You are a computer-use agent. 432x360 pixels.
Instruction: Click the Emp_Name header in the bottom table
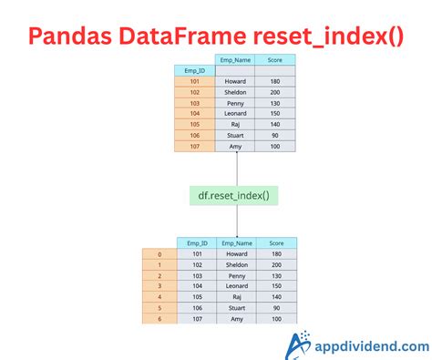[235, 243]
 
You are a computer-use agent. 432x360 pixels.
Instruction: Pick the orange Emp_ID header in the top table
[194, 70]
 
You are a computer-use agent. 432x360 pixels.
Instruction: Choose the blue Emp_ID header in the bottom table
[196, 243]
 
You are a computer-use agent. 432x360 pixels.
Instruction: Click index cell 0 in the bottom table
[160, 255]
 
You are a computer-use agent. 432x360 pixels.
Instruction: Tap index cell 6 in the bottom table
[160, 318]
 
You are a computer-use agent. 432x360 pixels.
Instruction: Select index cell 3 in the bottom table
[160, 286]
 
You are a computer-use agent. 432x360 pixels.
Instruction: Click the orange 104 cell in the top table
[194, 113]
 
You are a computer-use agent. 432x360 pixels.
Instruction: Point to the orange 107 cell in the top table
[194, 145]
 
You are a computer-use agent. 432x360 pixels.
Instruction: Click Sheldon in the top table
[234, 92]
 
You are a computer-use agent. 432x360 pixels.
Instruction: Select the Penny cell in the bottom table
[235, 275]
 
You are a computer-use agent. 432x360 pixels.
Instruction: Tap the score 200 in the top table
[275, 92]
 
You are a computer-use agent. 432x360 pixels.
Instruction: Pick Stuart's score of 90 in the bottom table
[276, 307]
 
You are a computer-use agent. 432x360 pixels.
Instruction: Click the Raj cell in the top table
[234, 124]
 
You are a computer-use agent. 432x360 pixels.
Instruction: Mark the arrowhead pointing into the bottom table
[237, 235]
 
